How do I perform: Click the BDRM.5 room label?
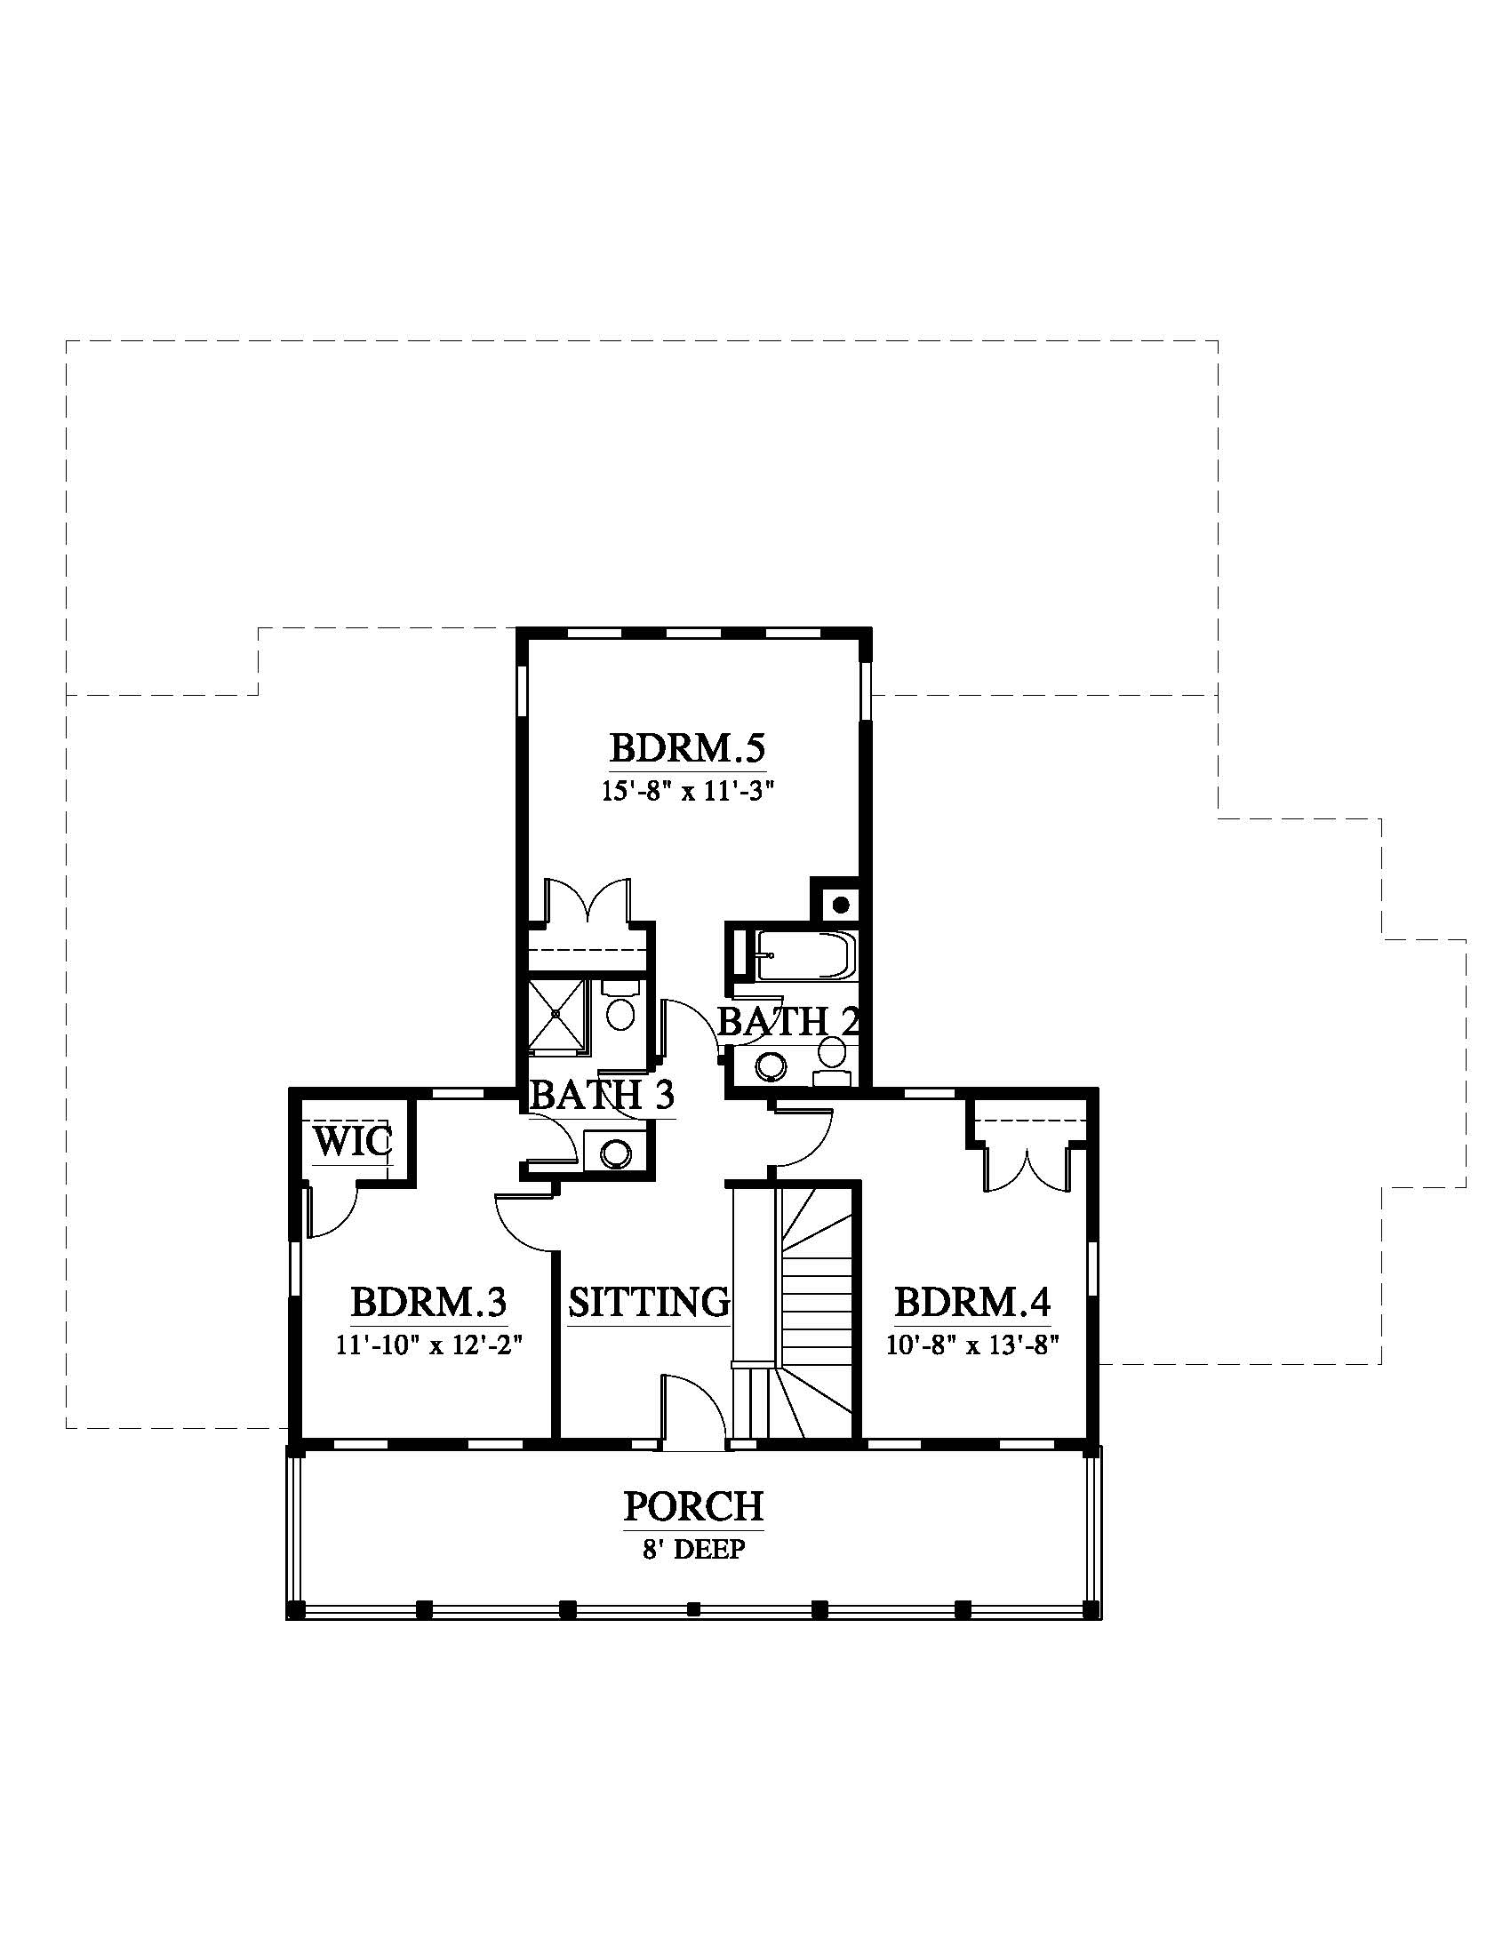tap(687, 747)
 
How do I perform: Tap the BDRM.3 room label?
tap(428, 1302)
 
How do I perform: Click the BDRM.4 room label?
tap(972, 1302)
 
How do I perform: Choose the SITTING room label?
tap(649, 1302)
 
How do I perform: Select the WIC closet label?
tap(352, 1142)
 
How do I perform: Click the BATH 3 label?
tap(602, 1095)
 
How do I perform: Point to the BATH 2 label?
tap(788, 1021)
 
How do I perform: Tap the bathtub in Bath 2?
tap(805, 956)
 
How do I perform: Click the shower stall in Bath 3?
tap(556, 1014)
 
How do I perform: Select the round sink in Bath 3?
tap(615, 1153)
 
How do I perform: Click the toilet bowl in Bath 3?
tap(620, 1008)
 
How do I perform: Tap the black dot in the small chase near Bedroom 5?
tap(841, 905)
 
